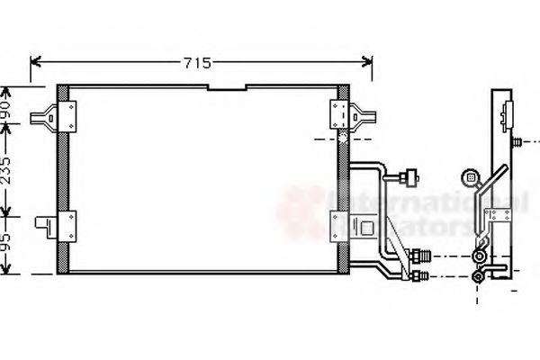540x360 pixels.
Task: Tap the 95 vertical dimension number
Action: click(x=7, y=243)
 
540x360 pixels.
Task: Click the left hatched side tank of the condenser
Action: click(x=63, y=180)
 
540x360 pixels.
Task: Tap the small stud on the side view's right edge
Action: click(x=518, y=141)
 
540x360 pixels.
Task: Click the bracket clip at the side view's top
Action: click(x=505, y=113)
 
